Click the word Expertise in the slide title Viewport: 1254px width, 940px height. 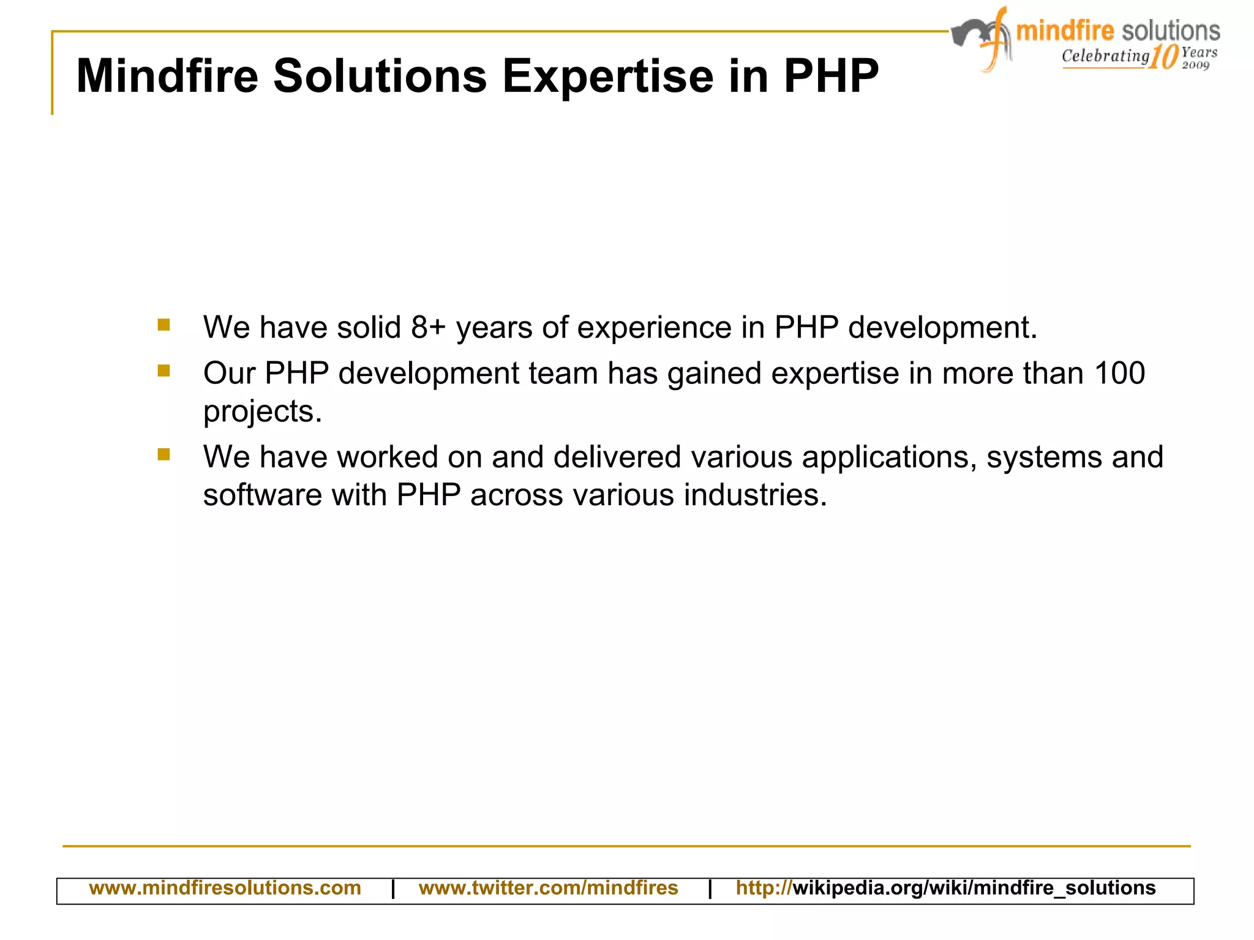click(x=608, y=77)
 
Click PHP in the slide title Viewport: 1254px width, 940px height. click(x=831, y=77)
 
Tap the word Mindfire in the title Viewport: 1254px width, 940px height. click(x=167, y=77)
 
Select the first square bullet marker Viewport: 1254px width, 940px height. click(x=163, y=325)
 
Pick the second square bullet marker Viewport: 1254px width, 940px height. click(x=163, y=370)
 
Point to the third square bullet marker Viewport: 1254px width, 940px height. click(x=163, y=454)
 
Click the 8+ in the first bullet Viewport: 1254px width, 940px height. click(x=428, y=327)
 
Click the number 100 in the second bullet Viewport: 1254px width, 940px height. click(x=1119, y=373)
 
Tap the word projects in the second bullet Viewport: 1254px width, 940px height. click(x=262, y=412)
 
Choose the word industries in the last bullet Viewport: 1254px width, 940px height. click(x=755, y=495)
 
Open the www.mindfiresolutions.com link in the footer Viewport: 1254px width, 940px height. click(x=225, y=888)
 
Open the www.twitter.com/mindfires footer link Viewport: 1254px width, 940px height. click(x=548, y=888)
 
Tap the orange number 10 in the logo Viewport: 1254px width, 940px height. click(x=1163, y=57)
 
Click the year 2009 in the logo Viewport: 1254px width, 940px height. click(x=1196, y=65)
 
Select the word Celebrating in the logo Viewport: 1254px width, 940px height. click(x=1105, y=56)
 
